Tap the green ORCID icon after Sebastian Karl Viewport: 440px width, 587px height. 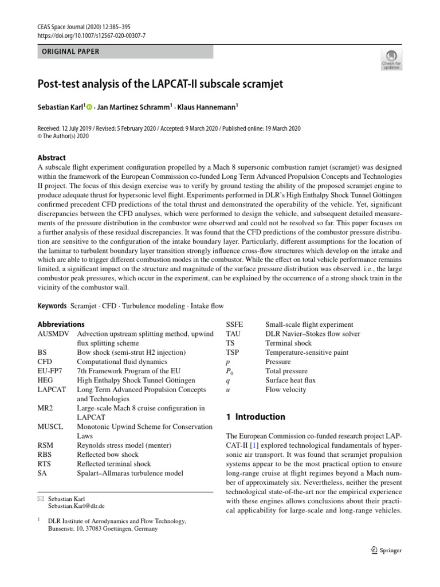(x=89, y=107)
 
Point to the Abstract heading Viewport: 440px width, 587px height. (x=52, y=158)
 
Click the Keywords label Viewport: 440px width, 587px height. (x=52, y=306)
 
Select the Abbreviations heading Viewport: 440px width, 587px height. (x=61, y=324)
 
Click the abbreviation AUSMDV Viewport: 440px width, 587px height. (x=53, y=334)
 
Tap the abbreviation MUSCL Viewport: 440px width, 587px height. (x=50, y=426)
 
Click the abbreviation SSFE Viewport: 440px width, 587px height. (x=235, y=324)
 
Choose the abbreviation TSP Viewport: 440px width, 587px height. (x=233, y=353)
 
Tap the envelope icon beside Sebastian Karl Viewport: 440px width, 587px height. (x=40, y=499)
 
